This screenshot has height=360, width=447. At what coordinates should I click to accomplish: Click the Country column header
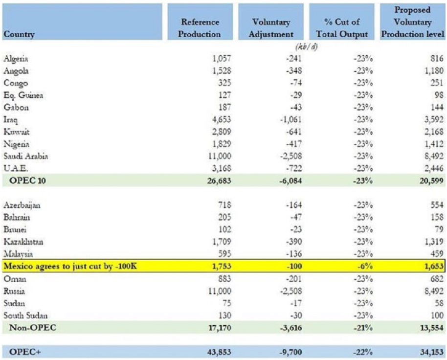pyautogui.click(x=19, y=34)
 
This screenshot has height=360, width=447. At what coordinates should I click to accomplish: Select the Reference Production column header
pyautogui.click(x=200, y=28)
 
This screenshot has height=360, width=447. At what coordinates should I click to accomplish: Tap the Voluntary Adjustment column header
pyautogui.click(x=271, y=28)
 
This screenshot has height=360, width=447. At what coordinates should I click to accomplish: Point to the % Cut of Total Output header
pyautogui.click(x=342, y=28)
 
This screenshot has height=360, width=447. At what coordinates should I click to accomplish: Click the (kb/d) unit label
pyautogui.click(x=307, y=46)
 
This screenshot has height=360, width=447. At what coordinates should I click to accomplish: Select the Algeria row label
pyautogui.click(x=16, y=59)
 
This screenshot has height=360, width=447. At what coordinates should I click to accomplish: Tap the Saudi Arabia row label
pyautogui.click(x=25, y=156)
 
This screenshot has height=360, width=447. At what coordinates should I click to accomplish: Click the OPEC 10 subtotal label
pyautogui.click(x=27, y=180)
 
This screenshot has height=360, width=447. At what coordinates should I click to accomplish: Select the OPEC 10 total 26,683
pyautogui.click(x=219, y=180)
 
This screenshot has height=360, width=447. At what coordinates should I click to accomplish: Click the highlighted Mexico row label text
pyautogui.click(x=70, y=266)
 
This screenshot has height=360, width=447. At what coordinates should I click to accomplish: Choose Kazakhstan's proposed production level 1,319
pyautogui.click(x=434, y=242)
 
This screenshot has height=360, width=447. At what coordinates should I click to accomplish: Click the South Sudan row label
pyautogui.click(x=25, y=315)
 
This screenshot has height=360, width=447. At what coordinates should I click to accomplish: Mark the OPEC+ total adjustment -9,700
pyautogui.click(x=291, y=352)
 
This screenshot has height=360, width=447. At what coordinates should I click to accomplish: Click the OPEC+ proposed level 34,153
pyautogui.click(x=432, y=352)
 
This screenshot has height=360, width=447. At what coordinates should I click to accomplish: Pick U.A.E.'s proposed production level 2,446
pyautogui.click(x=434, y=168)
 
